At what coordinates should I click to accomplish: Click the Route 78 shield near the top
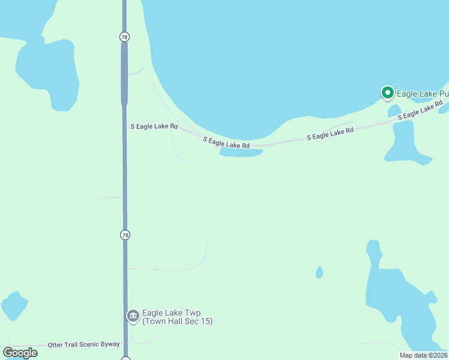[124, 37]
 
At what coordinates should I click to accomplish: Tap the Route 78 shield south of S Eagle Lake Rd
[125, 235]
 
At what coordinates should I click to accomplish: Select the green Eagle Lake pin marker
[387, 93]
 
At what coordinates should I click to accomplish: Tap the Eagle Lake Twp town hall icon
[133, 316]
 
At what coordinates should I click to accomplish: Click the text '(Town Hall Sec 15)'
[177, 322]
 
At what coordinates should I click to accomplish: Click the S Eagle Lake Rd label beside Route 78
[154, 127]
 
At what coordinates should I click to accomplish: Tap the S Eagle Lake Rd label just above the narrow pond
[226, 143]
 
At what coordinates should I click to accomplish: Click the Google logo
[20, 353]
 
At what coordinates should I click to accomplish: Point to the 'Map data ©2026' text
[423, 355]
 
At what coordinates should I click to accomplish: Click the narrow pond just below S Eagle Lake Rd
[241, 152]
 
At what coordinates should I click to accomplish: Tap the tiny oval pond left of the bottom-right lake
[319, 272]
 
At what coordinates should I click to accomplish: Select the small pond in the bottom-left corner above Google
[14, 305]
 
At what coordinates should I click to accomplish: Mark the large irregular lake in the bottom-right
[399, 306]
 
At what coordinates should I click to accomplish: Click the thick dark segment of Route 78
[124, 72]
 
